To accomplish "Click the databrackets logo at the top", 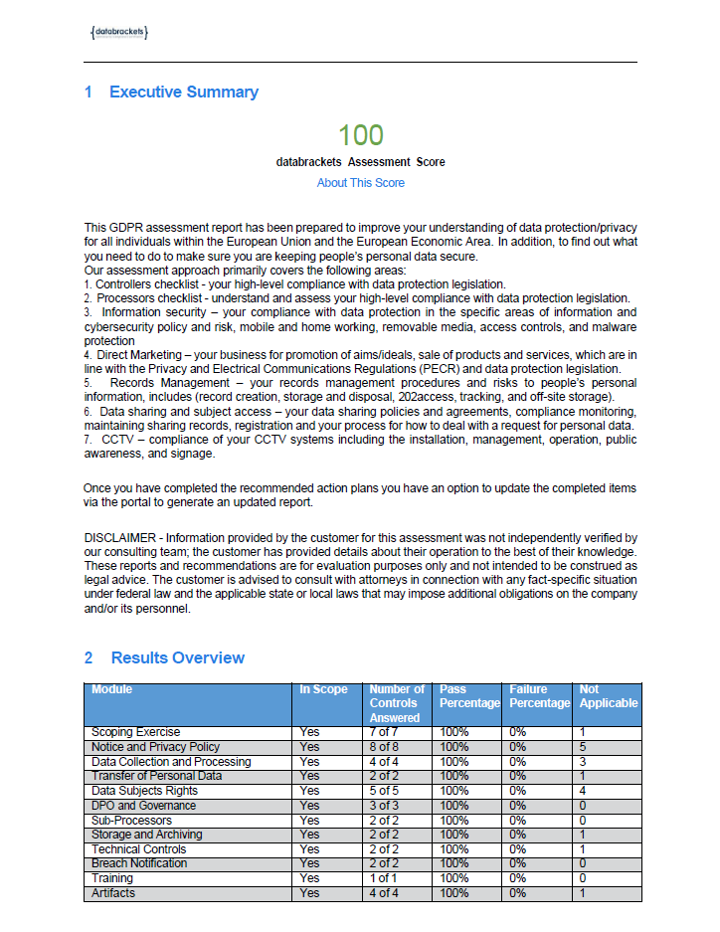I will (x=118, y=33).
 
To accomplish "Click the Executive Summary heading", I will (x=183, y=93).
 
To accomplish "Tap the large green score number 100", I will (x=360, y=135).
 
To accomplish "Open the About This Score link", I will (x=360, y=183).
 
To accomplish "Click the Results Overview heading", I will (x=177, y=657).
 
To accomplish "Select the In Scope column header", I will (x=324, y=689).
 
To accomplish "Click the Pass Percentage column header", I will (x=469, y=696).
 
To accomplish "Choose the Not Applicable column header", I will (x=608, y=696).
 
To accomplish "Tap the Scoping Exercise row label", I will (x=135, y=732).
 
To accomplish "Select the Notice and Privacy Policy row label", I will (x=155, y=747).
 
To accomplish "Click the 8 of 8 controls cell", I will (x=384, y=747).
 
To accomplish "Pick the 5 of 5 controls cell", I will (x=384, y=791).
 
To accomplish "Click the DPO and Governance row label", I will (x=143, y=806).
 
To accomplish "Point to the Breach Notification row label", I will (x=139, y=864).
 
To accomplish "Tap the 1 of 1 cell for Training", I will (x=384, y=879).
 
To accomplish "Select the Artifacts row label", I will (x=113, y=893).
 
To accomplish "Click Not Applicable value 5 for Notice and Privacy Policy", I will (x=583, y=747).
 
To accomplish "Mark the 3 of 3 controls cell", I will (x=384, y=806).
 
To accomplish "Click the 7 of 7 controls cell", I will (x=384, y=732).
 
